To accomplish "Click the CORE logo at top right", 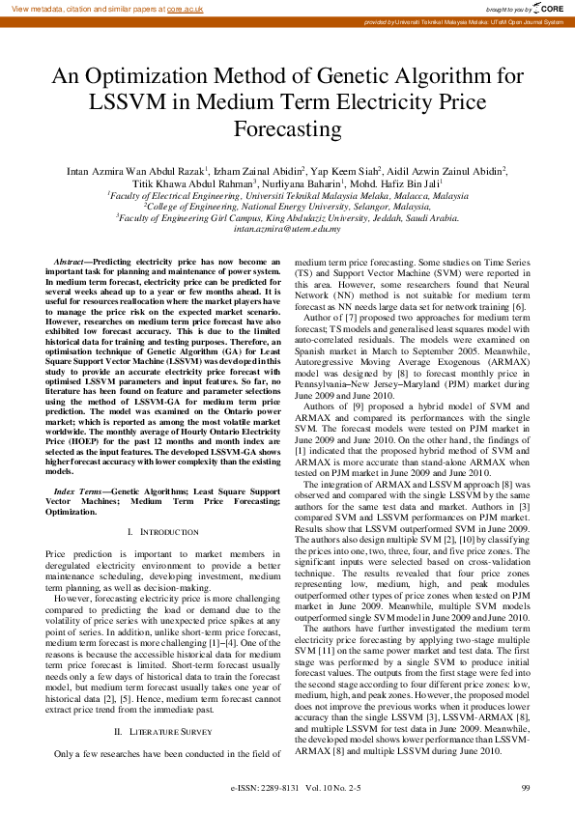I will (550, 8).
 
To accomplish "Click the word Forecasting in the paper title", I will (287, 128).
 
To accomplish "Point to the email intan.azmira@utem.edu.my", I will (287, 228).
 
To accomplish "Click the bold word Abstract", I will (69, 263).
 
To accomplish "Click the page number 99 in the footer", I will (525, 789).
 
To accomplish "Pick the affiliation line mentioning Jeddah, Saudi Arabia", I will (287, 217).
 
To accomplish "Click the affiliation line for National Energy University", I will (287, 206).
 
